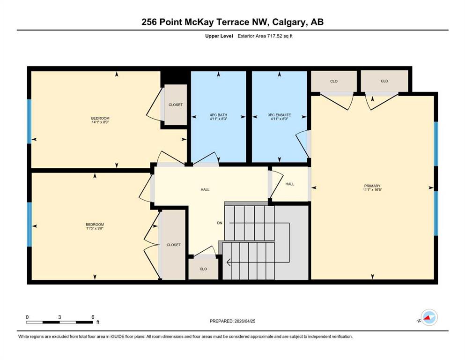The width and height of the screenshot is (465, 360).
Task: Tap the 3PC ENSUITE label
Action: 280,115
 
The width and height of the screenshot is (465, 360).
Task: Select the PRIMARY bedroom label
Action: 372,186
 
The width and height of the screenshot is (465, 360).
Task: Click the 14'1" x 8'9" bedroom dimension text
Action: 100,122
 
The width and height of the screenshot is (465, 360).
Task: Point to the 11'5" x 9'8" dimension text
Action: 95,228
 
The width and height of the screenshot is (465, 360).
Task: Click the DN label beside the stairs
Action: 220,223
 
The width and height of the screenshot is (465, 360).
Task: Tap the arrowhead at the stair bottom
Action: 229,262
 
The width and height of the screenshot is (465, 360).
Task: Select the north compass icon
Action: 429,318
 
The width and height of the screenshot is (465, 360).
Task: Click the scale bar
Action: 59,322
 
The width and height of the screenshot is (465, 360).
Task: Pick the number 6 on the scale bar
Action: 93,317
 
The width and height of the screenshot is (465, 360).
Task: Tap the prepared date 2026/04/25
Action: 244,321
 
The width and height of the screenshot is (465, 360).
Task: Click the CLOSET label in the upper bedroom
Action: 176,105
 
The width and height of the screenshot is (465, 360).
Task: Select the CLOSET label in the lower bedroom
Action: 173,245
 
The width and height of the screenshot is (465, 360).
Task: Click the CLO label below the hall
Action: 203,269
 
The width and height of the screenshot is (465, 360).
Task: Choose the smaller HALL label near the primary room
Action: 290,184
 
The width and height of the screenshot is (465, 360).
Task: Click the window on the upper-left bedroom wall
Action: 30,122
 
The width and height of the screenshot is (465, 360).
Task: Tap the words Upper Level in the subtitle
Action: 219,36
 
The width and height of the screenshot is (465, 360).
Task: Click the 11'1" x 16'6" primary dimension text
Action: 372,190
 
